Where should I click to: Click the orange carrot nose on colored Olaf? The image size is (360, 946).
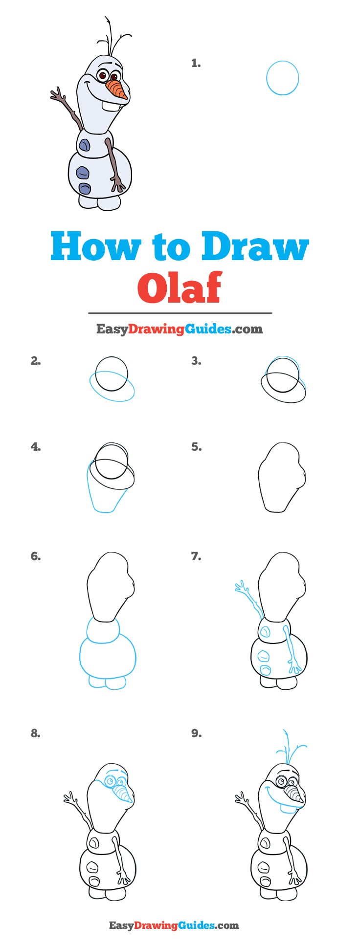(116, 89)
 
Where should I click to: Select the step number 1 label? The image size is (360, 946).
(196, 63)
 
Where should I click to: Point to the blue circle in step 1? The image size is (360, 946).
(282, 78)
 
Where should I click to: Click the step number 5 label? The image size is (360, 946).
(196, 447)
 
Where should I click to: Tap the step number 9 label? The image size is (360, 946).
(196, 733)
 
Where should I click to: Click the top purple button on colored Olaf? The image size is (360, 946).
(84, 145)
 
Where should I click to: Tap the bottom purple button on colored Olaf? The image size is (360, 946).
(85, 189)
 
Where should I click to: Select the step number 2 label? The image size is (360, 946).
(36, 361)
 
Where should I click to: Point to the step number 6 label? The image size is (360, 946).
(36, 556)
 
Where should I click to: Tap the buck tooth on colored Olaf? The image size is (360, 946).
(108, 104)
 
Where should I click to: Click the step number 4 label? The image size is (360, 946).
(36, 447)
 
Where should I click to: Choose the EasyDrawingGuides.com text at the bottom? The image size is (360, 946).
(174, 925)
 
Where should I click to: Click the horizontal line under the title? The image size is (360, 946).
(180, 313)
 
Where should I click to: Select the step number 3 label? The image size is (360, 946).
(196, 361)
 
